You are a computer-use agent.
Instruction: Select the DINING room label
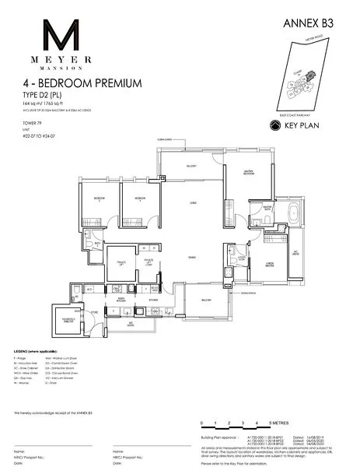click(191, 259)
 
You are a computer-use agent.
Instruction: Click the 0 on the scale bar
click(201, 423)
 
